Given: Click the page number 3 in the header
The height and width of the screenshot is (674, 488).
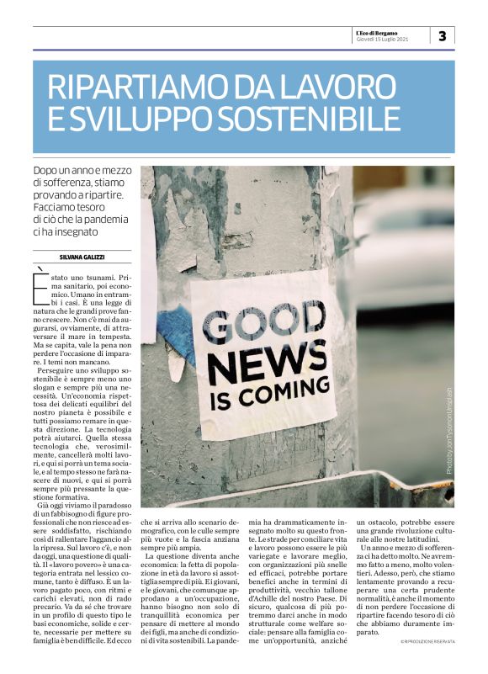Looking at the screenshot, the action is click(443, 34).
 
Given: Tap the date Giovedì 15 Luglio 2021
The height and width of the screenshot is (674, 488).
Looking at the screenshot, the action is click(384, 39).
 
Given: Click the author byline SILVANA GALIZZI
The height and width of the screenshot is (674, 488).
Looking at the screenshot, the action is click(81, 256).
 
